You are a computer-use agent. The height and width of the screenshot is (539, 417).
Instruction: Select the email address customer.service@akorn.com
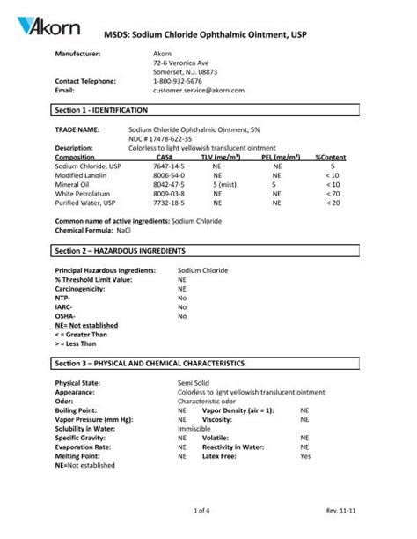[x=198, y=90]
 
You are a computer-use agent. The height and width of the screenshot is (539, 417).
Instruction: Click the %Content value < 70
[x=332, y=193]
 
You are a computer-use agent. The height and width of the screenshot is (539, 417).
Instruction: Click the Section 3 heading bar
[x=208, y=363]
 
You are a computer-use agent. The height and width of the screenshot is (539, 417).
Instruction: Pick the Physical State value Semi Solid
[x=197, y=384]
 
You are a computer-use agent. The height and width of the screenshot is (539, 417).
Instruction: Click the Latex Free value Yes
[x=304, y=456]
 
